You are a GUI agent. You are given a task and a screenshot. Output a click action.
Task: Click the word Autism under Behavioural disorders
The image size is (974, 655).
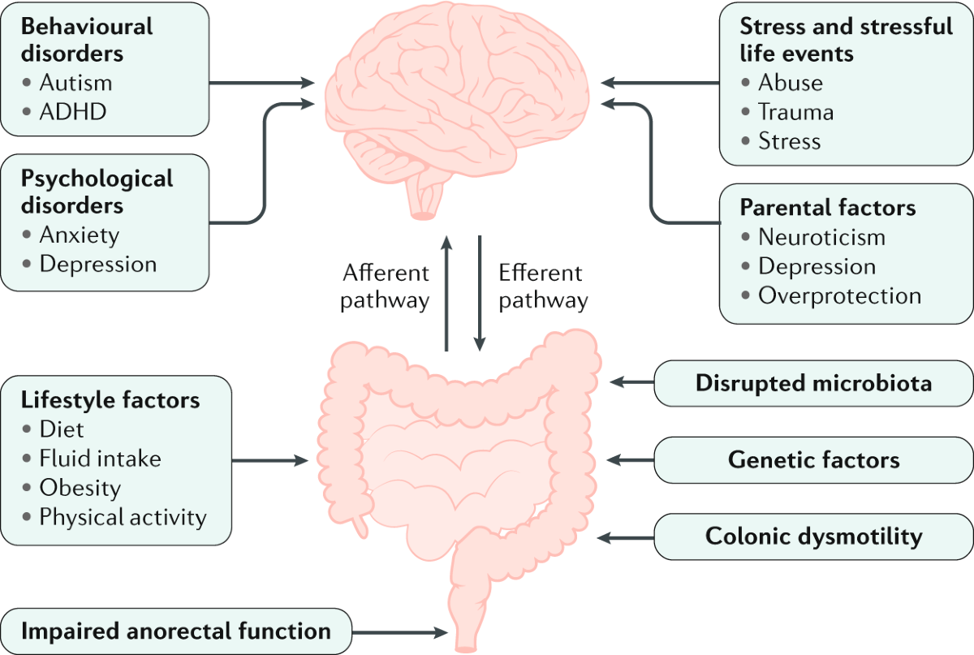point(76,82)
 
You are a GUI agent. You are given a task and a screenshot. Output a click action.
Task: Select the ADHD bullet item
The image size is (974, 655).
point(73,111)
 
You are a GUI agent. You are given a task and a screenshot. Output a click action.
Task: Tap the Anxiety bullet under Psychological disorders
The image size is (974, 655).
point(80,235)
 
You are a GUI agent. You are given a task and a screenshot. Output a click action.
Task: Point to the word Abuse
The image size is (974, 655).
point(791,83)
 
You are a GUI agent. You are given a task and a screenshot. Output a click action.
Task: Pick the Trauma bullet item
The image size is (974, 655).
point(796,112)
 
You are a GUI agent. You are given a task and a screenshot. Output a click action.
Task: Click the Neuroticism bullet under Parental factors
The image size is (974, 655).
point(821,237)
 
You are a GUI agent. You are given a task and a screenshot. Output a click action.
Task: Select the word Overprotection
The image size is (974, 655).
point(839,295)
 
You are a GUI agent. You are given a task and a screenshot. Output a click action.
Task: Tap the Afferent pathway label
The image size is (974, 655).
point(385,287)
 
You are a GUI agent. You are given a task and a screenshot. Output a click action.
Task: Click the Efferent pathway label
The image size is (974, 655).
point(542,287)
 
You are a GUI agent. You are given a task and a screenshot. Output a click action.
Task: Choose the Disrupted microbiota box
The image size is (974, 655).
point(813,382)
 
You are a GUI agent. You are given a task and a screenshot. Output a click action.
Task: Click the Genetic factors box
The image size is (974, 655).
point(813,460)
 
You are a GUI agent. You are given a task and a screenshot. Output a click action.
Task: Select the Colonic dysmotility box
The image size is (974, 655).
point(813,536)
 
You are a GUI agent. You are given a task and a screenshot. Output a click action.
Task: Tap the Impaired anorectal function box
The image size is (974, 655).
point(177,631)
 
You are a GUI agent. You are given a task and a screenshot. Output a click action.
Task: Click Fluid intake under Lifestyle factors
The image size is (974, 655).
point(101,459)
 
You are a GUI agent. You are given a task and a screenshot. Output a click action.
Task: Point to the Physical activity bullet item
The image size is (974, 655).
point(123,516)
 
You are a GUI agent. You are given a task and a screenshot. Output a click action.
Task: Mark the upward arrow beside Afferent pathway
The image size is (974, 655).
point(446,292)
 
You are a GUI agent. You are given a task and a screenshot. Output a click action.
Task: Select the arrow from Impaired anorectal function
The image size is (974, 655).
point(399,631)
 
